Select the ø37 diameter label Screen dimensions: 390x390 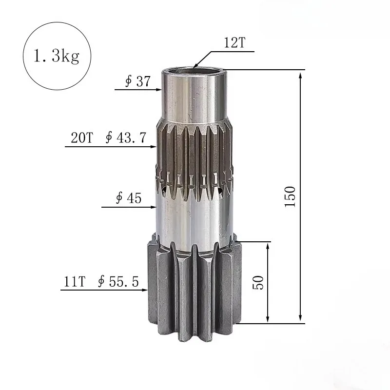pos(137,81)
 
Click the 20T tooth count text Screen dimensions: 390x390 pos(81,138)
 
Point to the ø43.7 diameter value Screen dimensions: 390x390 pos(126,138)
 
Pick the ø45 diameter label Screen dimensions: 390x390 pos(128,198)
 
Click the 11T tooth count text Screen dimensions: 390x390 pos(75,281)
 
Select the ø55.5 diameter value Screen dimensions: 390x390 pos(118,281)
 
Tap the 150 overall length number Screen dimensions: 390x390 pos(291,196)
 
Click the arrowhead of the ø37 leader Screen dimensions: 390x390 pos(159,90)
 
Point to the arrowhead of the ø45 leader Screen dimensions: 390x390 pos(153,207)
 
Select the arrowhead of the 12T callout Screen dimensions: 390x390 pos(195,66)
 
